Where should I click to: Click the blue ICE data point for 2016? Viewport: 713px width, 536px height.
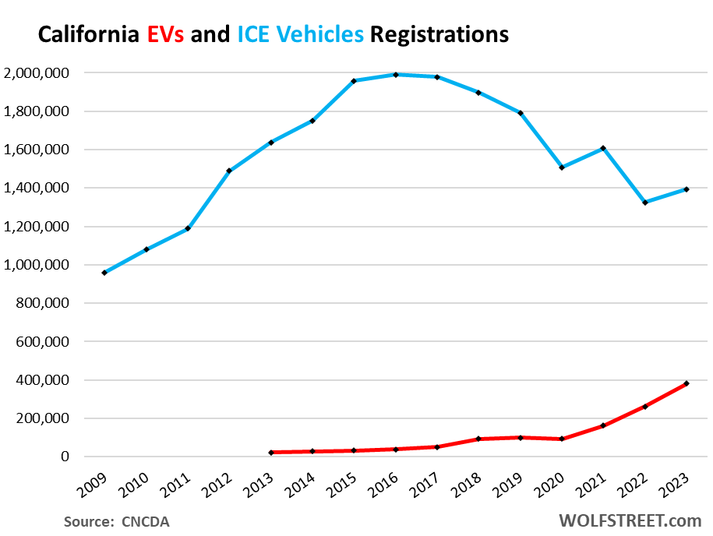[396, 75]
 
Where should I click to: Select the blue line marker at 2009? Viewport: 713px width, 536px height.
[104, 273]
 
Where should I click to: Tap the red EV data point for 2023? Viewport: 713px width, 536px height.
[687, 383]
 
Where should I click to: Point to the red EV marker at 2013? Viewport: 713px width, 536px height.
[270, 453]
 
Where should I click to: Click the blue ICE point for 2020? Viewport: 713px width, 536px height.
[562, 167]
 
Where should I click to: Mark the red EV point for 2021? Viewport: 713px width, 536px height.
[603, 425]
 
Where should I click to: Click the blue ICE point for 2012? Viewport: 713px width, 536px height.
[229, 171]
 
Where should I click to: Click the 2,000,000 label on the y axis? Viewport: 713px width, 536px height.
[37, 73]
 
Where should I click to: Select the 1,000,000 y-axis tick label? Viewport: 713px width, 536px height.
[37, 265]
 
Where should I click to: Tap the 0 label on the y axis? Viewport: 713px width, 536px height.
[65, 457]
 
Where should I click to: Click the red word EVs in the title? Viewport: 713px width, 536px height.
[165, 35]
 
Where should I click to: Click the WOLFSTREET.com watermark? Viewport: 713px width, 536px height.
[629, 520]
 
